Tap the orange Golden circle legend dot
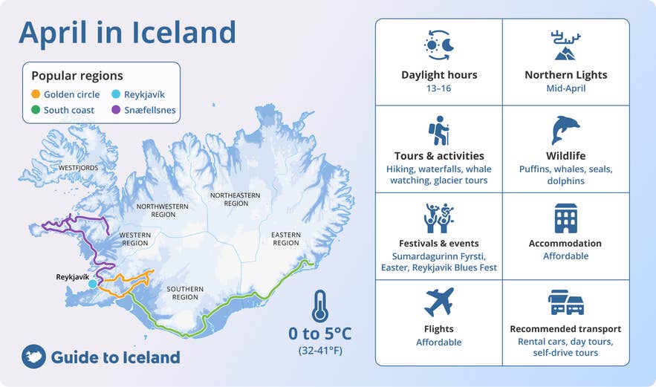(x=36, y=95)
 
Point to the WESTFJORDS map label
(x=78, y=168)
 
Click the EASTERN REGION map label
(x=285, y=238)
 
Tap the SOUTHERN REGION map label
(x=185, y=293)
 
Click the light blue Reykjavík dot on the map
(x=92, y=284)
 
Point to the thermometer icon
(x=319, y=305)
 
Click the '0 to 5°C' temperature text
(x=319, y=334)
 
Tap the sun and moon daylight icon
(x=438, y=45)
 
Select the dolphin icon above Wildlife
(x=565, y=130)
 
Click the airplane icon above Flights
(x=438, y=302)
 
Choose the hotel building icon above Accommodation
(x=565, y=218)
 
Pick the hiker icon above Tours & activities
(x=438, y=131)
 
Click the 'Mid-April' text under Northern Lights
(x=565, y=88)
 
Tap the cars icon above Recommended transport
(x=565, y=302)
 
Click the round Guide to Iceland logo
(x=33, y=357)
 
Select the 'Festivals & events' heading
(x=438, y=243)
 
